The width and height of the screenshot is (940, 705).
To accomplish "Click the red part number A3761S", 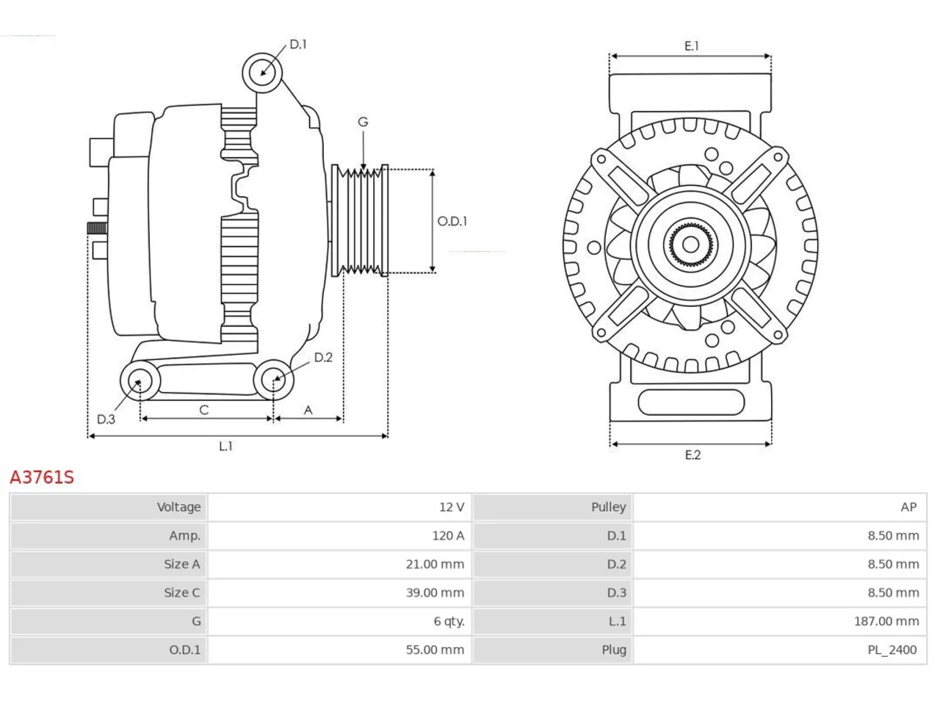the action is pyautogui.click(x=42, y=477).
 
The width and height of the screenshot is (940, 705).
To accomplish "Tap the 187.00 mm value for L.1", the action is pyautogui.click(x=886, y=621).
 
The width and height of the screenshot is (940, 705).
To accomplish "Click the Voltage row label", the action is pyautogui.click(x=178, y=507).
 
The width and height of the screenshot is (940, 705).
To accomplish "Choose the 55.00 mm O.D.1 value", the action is pyautogui.click(x=435, y=650).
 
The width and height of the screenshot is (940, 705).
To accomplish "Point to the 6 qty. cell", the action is pyautogui.click(x=449, y=621).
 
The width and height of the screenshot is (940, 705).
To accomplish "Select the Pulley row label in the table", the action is pyautogui.click(x=609, y=507).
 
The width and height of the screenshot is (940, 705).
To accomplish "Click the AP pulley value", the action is pyautogui.click(x=908, y=507).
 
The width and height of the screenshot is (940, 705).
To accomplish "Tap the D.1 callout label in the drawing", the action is pyautogui.click(x=298, y=44).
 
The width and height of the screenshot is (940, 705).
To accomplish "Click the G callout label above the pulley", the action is pyautogui.click(x=363, y=122).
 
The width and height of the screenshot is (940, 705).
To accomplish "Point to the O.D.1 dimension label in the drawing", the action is pyautogui.click(x=452, y=221).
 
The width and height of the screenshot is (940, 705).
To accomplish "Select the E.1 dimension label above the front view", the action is pyautogui.click(x=691, y=46).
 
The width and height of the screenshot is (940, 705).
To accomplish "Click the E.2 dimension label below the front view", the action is pyautogui.click(x=693, y=455).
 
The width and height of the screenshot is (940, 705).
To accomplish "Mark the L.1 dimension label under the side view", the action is pyautogui.click(x=225, y=446).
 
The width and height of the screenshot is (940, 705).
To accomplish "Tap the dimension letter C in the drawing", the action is pyautogui.click(x=204, y=410).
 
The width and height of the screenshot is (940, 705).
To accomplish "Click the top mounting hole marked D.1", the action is pyautogui.click(x=262, y=73).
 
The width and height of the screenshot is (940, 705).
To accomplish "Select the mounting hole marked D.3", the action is pyautogui.click(x=140, y=381).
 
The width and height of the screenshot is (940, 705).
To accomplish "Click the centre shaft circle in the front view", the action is pyautogui.click(x=690, y=245).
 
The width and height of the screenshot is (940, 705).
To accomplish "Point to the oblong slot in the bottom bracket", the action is pyautogui.click(x=691, y=402).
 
